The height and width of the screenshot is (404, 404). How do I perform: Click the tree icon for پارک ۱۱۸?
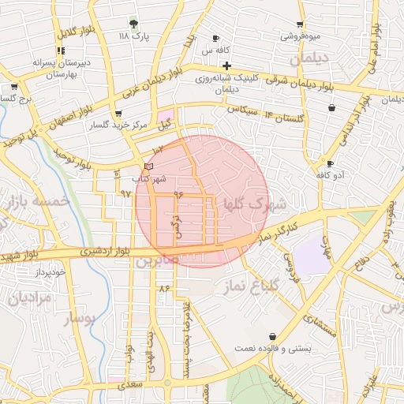(x=133, y=24)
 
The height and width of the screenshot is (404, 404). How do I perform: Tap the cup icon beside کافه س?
(x=215, y=38)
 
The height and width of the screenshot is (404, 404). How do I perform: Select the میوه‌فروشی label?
(x=300, y=36)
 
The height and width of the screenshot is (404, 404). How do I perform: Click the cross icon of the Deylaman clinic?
(x=226, y=65)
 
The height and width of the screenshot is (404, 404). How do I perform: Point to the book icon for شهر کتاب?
(x=149, y=166)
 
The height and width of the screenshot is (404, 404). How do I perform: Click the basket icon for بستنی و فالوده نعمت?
(x=272, y=336)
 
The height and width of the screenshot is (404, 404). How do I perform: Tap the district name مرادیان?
(x=31, y=298)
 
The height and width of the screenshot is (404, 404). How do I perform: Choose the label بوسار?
(x=77, y=318)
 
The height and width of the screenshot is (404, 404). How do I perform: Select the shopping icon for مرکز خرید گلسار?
(x=118, y=114)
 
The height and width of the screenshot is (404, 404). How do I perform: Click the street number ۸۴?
(x=165, y=290)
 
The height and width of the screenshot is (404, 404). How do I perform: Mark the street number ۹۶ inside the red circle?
(x=178, y=193)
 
